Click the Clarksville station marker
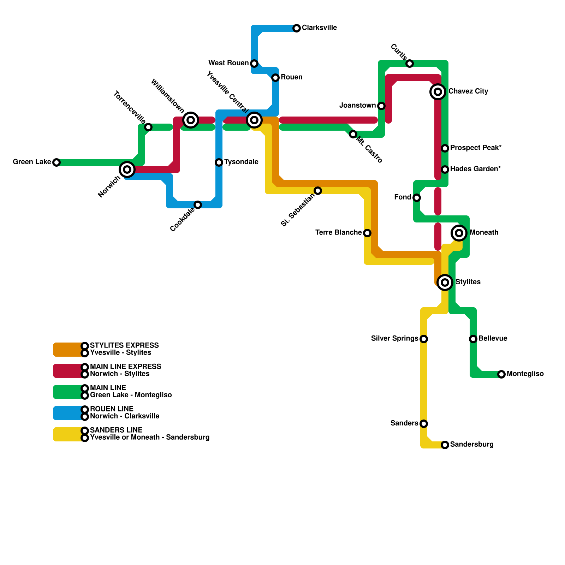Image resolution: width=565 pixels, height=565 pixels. pyautogui.click(x=297, y=28)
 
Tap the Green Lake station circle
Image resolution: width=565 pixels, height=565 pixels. pyautogui.click(x=56, y=162)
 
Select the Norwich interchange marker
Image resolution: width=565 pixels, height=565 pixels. pyautogui.click(x=127, y=169)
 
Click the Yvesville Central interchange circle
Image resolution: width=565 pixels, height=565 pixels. pyautogui.click(x=254, y=120)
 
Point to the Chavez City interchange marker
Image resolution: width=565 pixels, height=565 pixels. pyautogui.click(x=438, y=92)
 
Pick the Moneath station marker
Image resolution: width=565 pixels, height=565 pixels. pyautogui.click(x=459, y=233)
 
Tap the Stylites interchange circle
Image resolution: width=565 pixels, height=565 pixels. pyautogui.click(x=445, y=282)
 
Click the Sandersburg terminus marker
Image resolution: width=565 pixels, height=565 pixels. pyautogui.click(x=445, y=445)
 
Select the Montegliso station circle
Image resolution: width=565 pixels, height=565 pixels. pyautogui.click(x=501, y=374)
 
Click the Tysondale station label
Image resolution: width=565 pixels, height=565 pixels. pyautogui.click(x=241, y=162)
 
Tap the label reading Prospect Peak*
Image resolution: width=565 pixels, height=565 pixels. pyautogui.click(x=476, y=148)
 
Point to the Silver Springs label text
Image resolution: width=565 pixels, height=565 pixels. pyautogui.click(x=394, y=339)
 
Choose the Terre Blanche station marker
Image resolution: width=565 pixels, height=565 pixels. pyautogui.click(x=367, y=233)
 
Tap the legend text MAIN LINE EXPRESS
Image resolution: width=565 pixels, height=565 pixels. pyautogui.click(x=125, y=367)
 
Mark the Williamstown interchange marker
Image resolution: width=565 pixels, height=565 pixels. pyautogui.click(x=191, y=120)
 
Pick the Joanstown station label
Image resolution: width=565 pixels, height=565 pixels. pyautogui.click(x=357, y=106)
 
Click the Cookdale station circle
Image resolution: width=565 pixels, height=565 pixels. pyautogui.click(x=198, y=205)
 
